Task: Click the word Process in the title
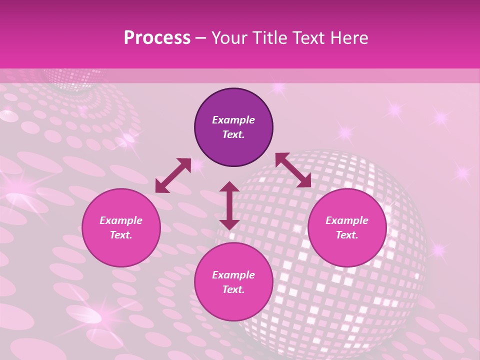pyautogui.click(x=157, y=38)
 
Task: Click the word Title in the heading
pyautogui.click(x=269, y=38)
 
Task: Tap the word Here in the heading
pyautogui.click(x=349, y=38)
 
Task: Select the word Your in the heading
pyautogui.click(x=230, y=38)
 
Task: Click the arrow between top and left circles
pyautogui.click(x=173, y=175)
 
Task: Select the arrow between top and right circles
pyautogui.click(x=293, y=170)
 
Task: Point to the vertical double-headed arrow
pyautogui.click(x=229, y=205)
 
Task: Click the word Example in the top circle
pyautogui.click(x=233, y=120)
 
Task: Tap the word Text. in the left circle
pyautogui.click(x=121, y=235)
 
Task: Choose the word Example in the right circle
pyautogui.click(x=347, y=220)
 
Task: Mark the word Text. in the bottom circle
pyautogui.click(x=233, y=289)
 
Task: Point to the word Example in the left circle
pyautogui.click(x=121, y=220)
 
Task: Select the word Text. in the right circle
pyautogui.click(x=347, y=235)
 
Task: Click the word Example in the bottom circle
pyautogui.click(x=233, y=275)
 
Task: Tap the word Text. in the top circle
pyautogui.click(x=233, y=134)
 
